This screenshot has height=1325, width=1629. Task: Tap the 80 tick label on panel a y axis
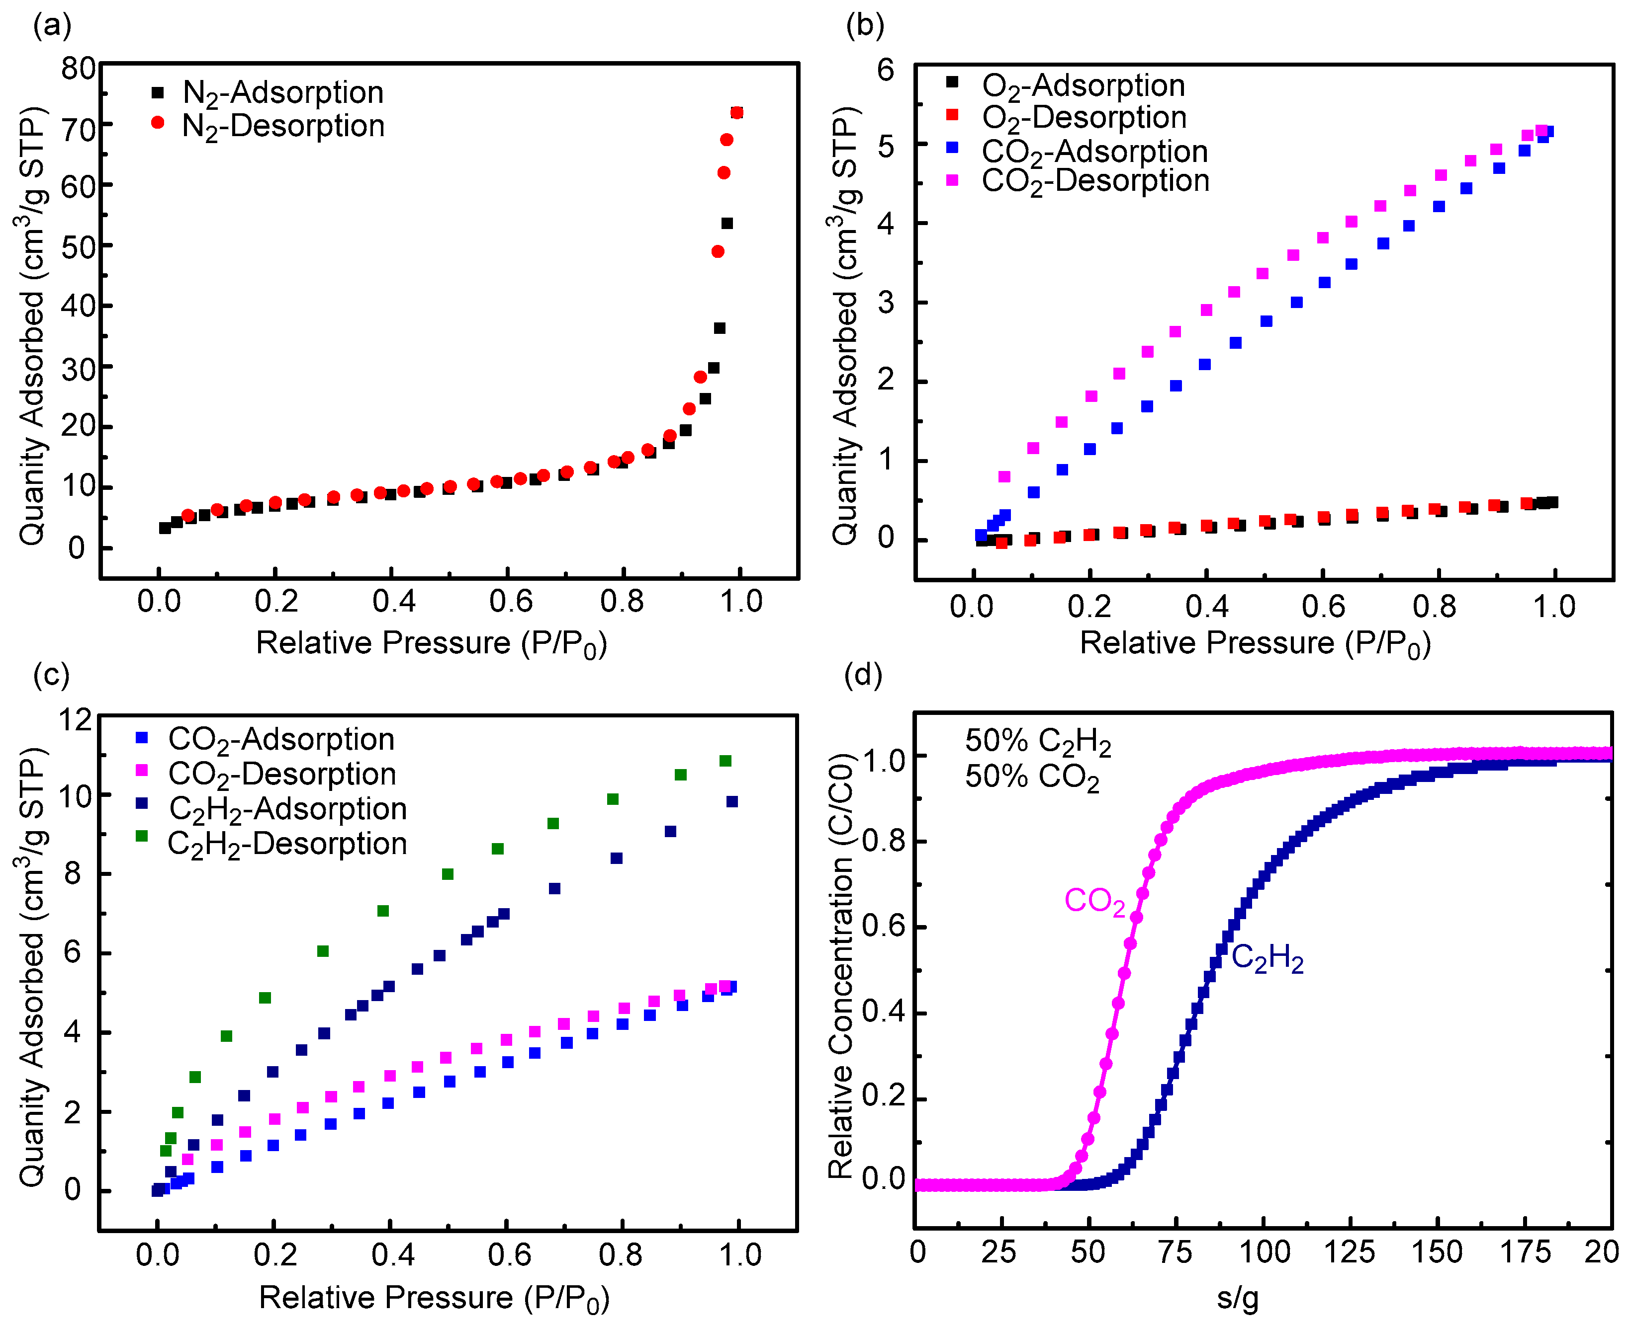point(79,69)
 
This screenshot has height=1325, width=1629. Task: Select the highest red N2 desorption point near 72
point(737,113)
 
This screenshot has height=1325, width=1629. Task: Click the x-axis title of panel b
point(1255,643)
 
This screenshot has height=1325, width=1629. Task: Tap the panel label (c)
point(51,675)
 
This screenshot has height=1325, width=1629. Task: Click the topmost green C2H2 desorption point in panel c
point(725,761)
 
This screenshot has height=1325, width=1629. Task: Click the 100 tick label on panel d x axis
point(1264,1252)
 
